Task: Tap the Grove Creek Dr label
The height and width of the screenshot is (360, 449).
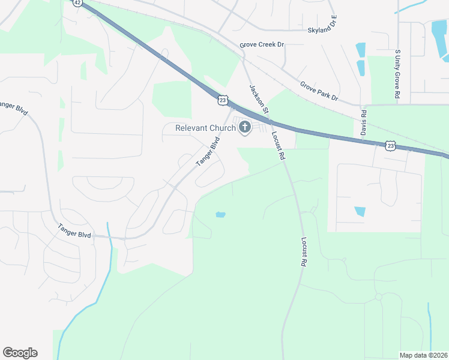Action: (262, 45)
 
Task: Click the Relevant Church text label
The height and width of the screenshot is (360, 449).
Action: (205, 128)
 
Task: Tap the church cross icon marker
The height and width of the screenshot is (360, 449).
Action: (245, 127)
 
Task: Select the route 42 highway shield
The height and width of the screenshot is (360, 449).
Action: (77, 2)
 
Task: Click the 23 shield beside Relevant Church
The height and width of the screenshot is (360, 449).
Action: (223, 101)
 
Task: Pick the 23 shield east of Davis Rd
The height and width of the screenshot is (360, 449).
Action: (391, 145)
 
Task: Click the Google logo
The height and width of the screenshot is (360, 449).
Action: (20, 353)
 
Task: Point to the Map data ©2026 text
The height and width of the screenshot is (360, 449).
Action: (423, 355)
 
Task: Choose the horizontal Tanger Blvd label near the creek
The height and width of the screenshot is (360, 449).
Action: (75, 231)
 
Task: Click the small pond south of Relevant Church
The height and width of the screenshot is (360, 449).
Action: (220, 214)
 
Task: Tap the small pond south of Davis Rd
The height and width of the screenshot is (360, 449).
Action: (360, 211)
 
